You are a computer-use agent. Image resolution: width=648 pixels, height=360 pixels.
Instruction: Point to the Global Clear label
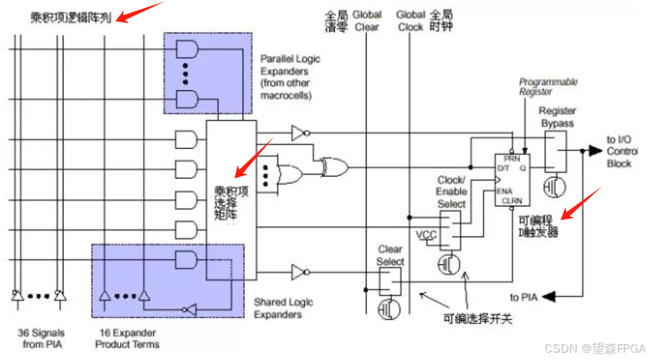[x=366, y=21]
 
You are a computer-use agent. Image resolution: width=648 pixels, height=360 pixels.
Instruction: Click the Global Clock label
[x=410, y=21]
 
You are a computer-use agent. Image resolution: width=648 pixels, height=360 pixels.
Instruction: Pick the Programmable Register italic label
[x=547, y=87]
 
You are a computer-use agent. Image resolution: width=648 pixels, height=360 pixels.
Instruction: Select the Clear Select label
[x=390, y=255]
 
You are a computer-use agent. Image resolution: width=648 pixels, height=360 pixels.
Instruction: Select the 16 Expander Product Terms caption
[x=127, y=338]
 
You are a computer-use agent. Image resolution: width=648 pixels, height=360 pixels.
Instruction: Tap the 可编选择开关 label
[x=478, y=320]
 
